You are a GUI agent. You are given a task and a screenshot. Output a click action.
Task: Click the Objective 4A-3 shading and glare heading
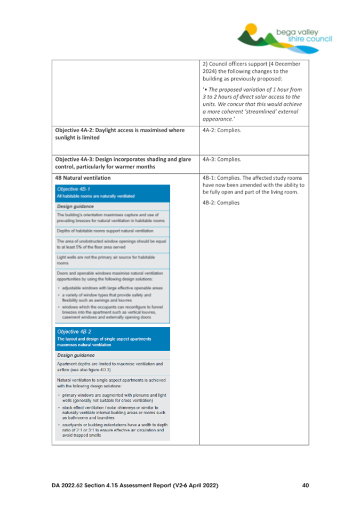click(x=124, y=162)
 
